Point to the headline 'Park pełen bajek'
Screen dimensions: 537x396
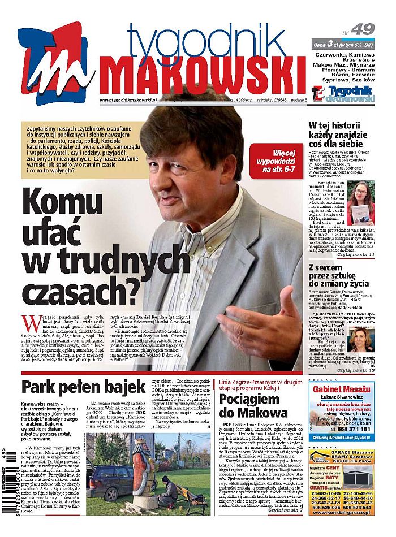point(84,387)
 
